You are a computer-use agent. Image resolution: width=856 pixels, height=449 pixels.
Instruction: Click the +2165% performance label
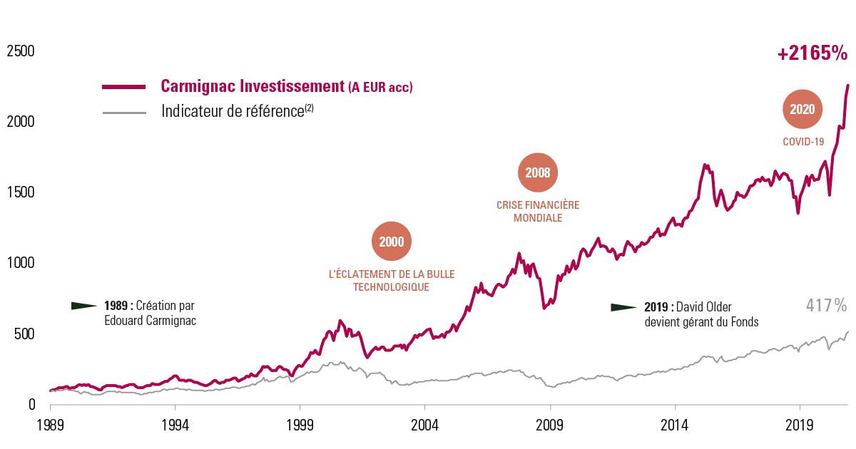tap(812, 53)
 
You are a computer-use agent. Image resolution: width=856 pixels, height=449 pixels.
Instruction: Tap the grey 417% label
tap(826, 306)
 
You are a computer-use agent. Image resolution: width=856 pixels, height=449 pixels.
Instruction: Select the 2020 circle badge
tap(802, 110)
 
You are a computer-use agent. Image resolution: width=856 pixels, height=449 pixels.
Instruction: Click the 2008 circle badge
tap(538, 172)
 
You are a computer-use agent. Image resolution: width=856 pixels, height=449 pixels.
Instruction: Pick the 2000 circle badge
tap(392, 242)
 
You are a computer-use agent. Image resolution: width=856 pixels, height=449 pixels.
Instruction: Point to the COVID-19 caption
tap(803, 142)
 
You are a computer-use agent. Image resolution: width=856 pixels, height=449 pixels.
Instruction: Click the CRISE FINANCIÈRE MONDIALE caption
tap(538, 212)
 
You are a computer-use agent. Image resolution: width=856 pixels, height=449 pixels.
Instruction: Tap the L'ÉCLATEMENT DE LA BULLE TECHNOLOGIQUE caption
tap(391, 281)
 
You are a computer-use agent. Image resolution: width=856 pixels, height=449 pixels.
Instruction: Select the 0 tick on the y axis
tap(31, 404)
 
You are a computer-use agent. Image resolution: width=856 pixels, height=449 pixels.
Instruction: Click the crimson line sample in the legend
tap(123, 87)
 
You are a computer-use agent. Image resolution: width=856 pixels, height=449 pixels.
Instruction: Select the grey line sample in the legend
tap(123, 112)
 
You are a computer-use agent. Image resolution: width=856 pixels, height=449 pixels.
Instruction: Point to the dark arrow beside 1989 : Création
tap(84, 306)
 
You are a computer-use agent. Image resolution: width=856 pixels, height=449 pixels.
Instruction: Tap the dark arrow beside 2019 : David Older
tap(623, 307)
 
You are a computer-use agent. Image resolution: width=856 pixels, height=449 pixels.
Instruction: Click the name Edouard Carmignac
tap(150, 321)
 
